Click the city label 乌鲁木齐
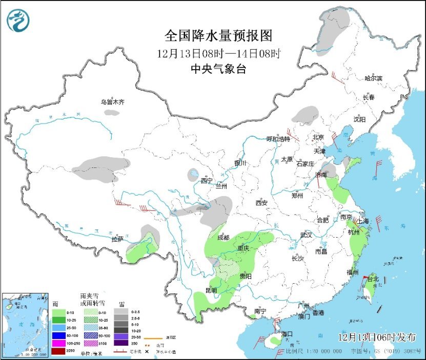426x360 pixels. click(112, 102)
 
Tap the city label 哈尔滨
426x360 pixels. click(373, 78)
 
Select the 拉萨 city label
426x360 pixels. click(117, 239)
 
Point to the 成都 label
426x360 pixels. click(223, 237)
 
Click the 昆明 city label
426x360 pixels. click(211, 290)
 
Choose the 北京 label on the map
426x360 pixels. click(318, 137)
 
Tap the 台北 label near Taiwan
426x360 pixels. click(372, 279)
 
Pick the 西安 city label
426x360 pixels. click(261, 203)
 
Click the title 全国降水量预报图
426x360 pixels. click(218, 35)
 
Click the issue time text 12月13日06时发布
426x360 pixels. click(377, 336)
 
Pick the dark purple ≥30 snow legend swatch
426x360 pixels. click(121, 343)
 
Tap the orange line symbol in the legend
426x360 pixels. click(152, 338)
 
